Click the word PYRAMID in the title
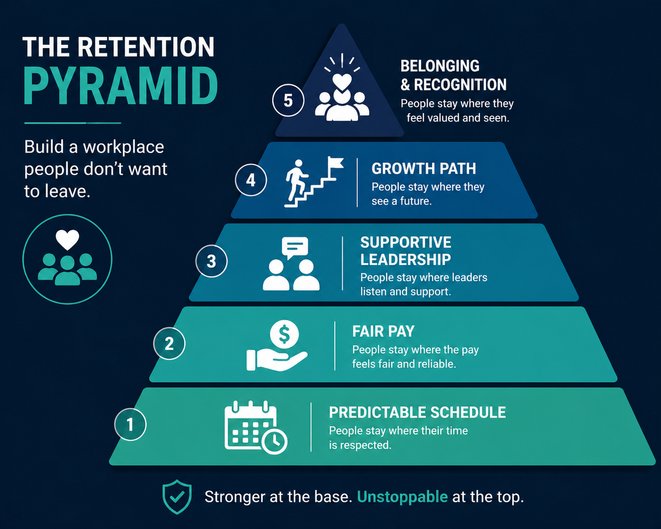pos(121,86)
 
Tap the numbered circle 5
pos(288,100)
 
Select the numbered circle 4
pos(251,180)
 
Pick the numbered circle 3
pos(211,261)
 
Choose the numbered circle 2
pos(169,343)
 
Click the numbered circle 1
pos(130,424)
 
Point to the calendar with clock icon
pos(256,427)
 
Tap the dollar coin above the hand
pos(284,334)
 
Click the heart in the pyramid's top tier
pos(342,82)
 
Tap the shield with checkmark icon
pos(177,497)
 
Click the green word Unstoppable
pos(402,497)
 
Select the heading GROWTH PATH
pos(423,168)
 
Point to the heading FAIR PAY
pos(383,331)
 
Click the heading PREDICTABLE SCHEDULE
pos(417,412)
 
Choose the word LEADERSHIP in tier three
pos(405,260)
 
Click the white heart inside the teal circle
pos(67,240)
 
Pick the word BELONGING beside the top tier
pos(440,66)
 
